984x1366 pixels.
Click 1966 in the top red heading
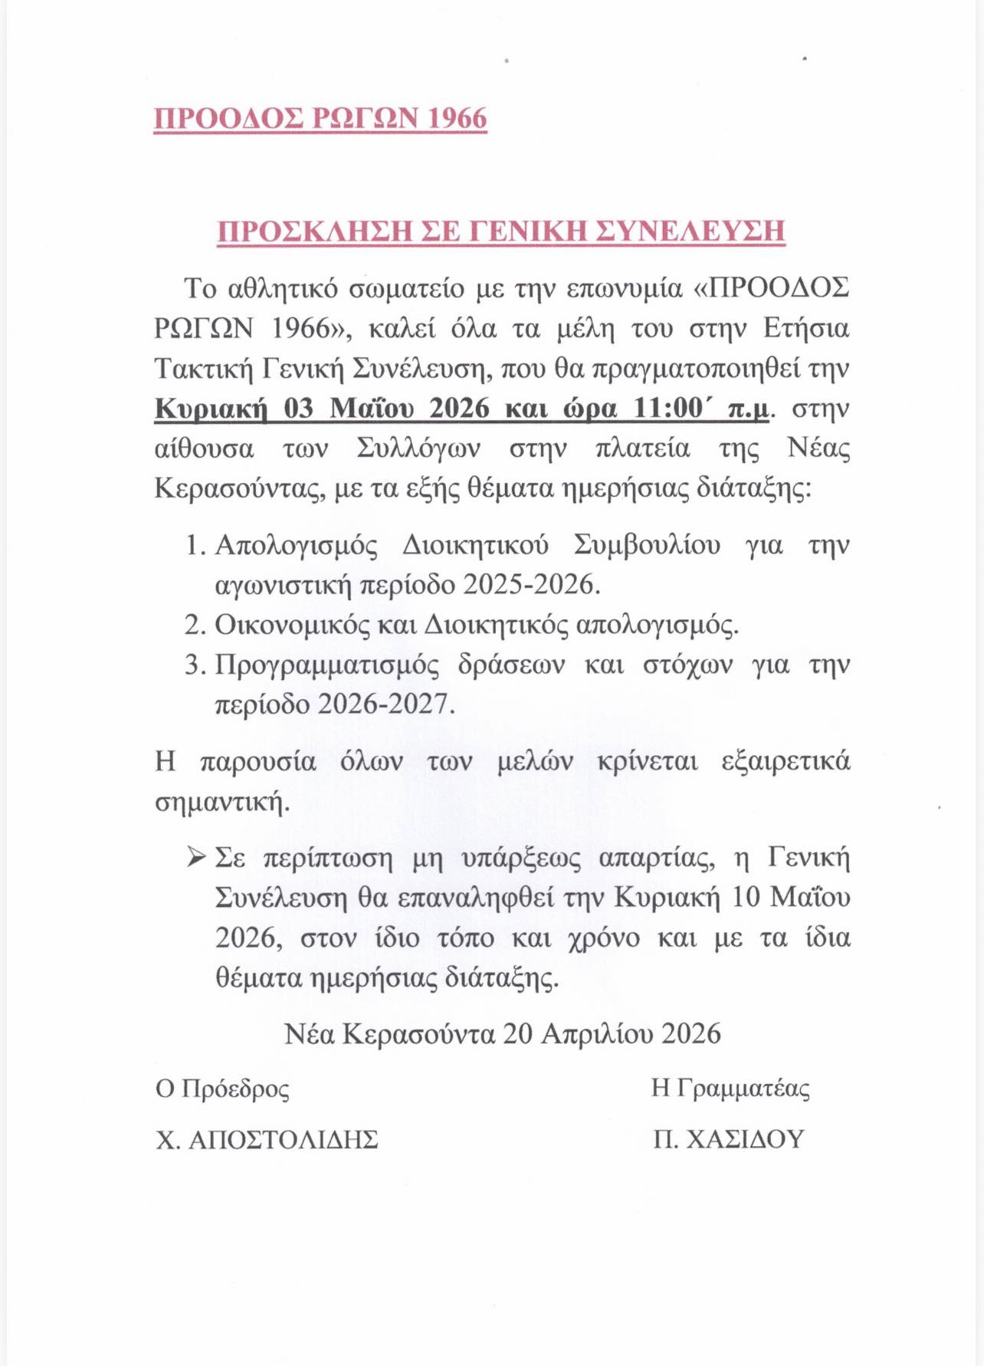coord(456,119)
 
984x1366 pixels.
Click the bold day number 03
coord(299,408)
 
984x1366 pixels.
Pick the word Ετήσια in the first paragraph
coord(807,328)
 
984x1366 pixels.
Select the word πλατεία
coord(642,448)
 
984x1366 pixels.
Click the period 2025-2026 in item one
coord(530,585)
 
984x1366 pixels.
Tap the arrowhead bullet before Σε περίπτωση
coord(195,857)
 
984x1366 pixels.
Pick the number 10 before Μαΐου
coord(747,897)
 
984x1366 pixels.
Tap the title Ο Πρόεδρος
coord(222,1089)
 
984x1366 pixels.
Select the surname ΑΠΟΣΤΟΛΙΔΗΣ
coord(284,1140)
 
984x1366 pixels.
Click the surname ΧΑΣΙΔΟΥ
coord(745,1140)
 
